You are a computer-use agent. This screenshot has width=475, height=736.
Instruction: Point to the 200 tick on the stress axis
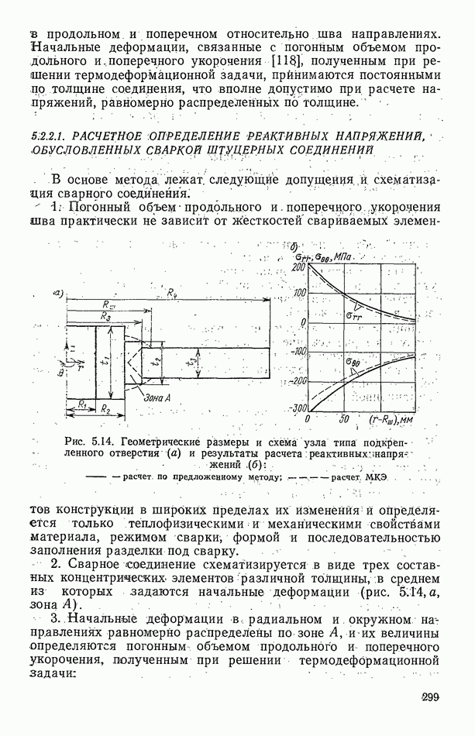[298, 267]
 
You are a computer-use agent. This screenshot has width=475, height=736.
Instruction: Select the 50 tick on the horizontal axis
[345, 419]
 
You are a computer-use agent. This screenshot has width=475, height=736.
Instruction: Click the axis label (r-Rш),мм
[394, 420]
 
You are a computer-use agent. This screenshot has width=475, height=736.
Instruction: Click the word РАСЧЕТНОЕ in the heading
[113, 136]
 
